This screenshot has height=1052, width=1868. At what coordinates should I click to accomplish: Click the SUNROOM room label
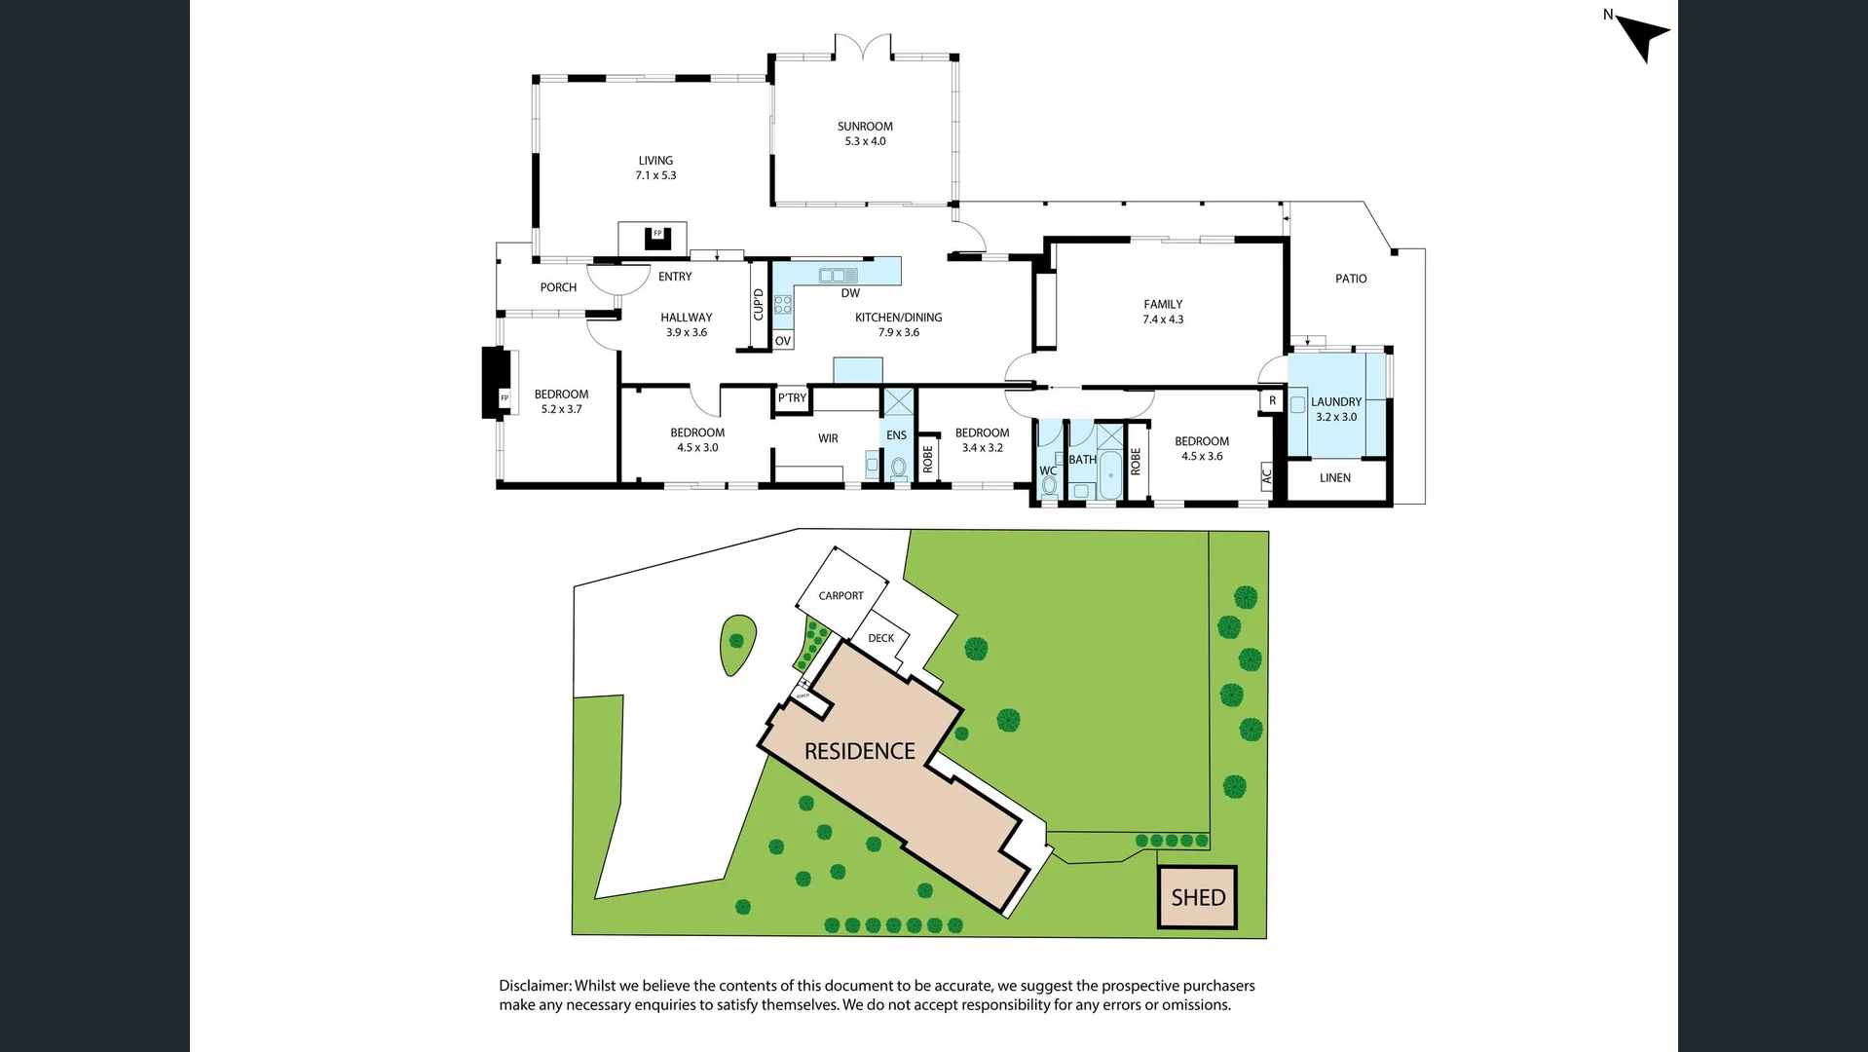click(865, 127)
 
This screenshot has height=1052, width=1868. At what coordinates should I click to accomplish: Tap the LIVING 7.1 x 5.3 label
click(655, 168)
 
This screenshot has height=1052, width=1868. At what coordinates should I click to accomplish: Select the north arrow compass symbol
click(1644, 37)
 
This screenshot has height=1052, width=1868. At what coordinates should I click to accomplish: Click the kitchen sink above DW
click(838, 276)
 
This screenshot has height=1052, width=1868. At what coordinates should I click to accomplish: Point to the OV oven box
click(783, 341)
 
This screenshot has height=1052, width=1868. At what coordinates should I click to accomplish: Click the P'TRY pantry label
click(792, 398)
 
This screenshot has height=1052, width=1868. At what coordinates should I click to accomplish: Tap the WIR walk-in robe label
click(828, 438)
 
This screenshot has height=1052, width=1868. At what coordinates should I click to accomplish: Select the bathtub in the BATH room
click(1110, 476)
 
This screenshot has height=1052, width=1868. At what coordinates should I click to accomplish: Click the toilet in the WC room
click(1049, 486)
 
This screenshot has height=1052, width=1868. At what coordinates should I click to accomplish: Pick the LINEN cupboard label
click(1335, 478)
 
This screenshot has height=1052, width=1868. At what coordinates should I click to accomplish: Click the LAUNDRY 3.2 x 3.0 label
click(1336, 409)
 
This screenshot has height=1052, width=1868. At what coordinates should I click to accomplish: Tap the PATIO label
click(1351, 279)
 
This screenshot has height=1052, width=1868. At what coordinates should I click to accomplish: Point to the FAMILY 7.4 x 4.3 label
click(1163, 312)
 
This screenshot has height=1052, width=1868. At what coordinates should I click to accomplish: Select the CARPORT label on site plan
click(841, 596)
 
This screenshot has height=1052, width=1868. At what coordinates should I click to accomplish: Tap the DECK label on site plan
click(881, 639)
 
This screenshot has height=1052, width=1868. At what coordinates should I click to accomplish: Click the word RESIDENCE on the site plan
click(860, 752)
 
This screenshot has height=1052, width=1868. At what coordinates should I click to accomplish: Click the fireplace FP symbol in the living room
click(657, 235)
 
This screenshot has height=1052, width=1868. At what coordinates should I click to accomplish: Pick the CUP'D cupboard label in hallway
click(759, 304)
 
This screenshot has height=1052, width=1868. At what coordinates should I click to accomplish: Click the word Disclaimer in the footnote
click(535, 986)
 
